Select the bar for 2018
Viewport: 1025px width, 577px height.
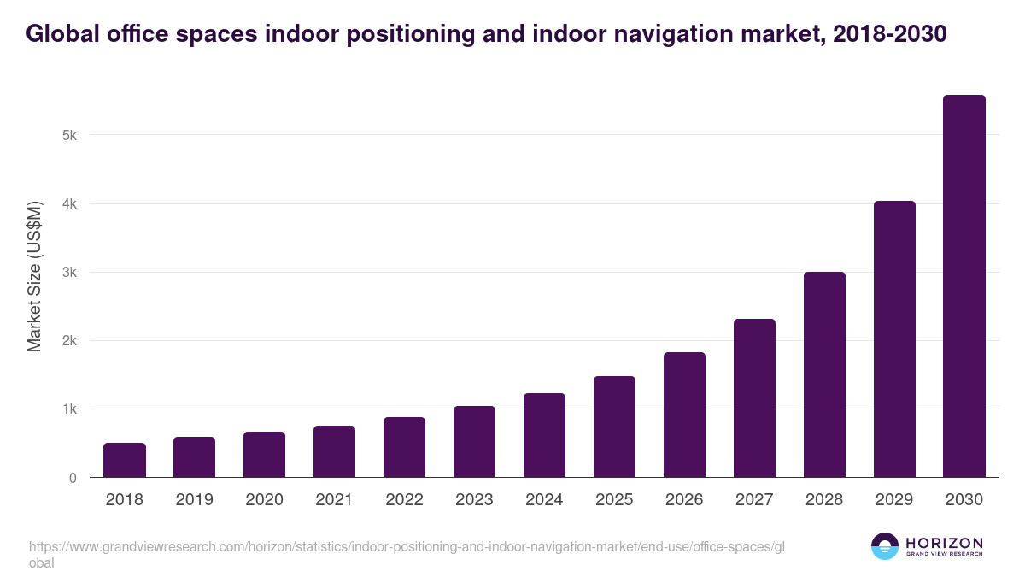click(x=125, y=460)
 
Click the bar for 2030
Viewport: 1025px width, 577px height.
click(x=964, y=286)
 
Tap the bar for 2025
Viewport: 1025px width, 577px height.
click(x=614, y=427)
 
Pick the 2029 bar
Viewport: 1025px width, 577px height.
click(x=894, y=339)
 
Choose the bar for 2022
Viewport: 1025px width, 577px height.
click(x=404, y=447)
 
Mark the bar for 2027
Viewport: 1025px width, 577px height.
click(x=754, y=398)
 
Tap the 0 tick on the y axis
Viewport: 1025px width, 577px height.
click(x=73, y=478)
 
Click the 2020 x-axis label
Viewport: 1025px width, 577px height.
click(x=264, y=500)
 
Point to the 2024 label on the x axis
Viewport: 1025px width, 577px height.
click(x=544, y=500)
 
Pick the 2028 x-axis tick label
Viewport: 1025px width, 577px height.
click(x=824, y=500)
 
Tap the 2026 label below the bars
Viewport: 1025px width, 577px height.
click(x=684, y=500)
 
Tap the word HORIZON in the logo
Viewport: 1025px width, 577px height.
click(x=944, y=543)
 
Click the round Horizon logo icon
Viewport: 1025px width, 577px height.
click(x=885, y=546)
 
